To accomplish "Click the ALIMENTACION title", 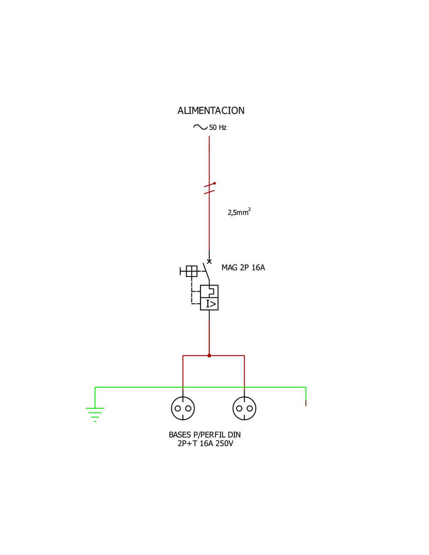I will point(211,111).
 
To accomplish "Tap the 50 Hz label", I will point(218,128).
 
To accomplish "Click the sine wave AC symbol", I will point(200,127).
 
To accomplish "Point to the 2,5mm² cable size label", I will point(239,212).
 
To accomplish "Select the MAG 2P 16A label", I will point(243,268).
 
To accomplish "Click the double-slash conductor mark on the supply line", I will point(209,188).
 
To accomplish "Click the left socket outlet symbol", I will point(183,408).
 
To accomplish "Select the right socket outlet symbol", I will point(245,408).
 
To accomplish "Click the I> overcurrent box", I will point(209,304).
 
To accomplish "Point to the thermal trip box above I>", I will point(209,291).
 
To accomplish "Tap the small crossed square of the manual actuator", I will point(191,271).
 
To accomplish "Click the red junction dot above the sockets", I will point(209,356).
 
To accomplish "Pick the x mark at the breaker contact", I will point(209,261).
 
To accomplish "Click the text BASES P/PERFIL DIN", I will point(205,435).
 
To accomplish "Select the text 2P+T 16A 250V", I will point(205,444).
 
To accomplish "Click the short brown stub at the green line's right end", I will point(306,403).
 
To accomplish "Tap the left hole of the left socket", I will point(178,409).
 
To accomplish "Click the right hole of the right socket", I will point(250,409).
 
